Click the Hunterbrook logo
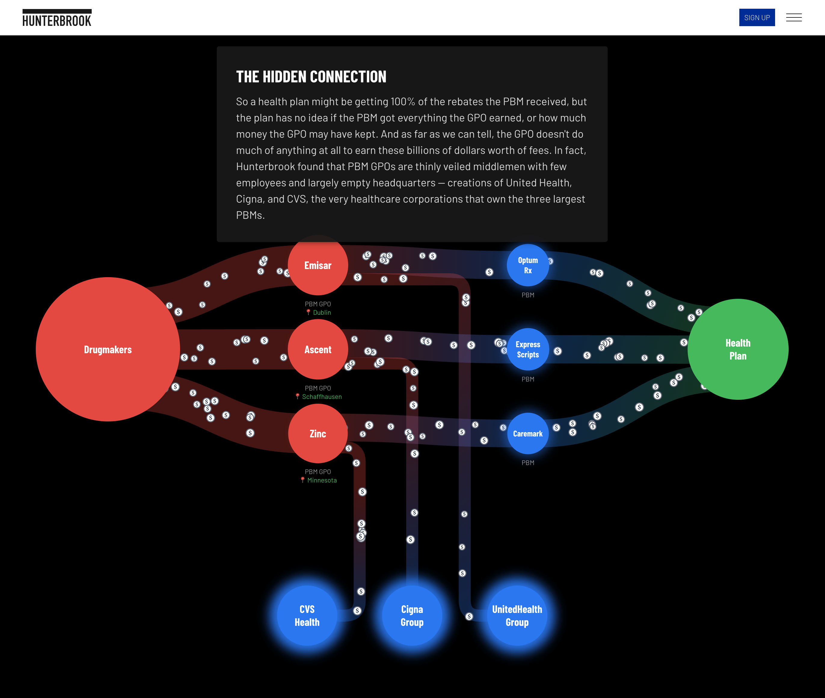click(x=57, y=18)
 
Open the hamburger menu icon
click(x=793, y=17)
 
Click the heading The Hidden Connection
click(x=311, y=77)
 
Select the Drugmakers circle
click(x=108, y=349)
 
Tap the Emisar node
click(x=318, y=265)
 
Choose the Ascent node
click(x=318, y=349)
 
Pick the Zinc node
click(x=318, y=434)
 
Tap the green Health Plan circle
click(x=738, y=349)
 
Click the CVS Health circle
click(x=307, y=616)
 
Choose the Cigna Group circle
click(x=412, y=616)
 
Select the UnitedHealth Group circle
click(x=517, y=616)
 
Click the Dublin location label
click(x=322, y=313)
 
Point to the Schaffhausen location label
click(x=322, y=396)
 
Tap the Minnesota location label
click(x=322, y=480)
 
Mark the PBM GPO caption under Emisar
click(x=318, y=304)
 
